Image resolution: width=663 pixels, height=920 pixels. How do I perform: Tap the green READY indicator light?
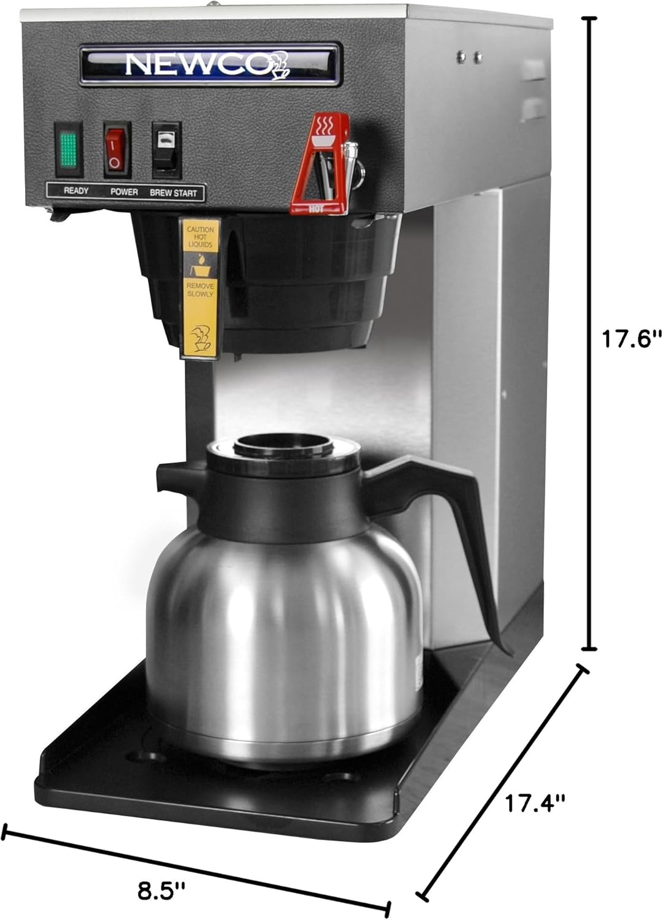click(67, 147)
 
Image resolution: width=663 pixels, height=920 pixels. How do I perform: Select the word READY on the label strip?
click(76, 191)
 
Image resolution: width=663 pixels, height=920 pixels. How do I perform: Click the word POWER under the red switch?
click(124, 192)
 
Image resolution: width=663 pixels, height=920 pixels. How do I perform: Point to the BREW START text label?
click(174, 193)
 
